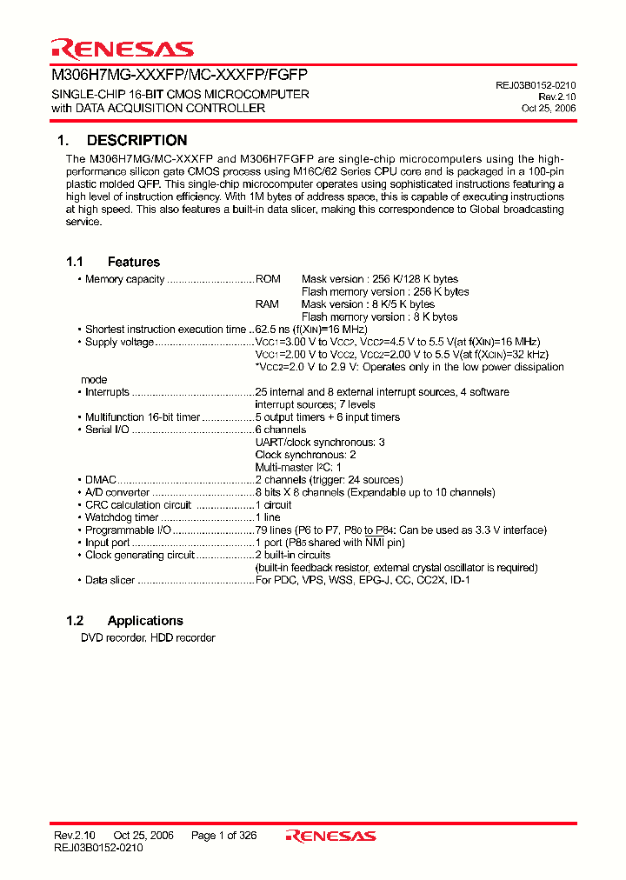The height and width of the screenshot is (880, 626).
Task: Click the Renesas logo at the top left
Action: coord(121,49)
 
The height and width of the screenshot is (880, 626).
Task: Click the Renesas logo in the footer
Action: coord(331,836)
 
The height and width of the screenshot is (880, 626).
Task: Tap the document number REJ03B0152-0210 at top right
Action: coord(536,85)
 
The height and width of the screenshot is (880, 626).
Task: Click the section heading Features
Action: coord(134,262)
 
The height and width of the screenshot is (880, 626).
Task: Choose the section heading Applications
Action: coord(145,621)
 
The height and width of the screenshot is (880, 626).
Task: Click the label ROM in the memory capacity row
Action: coord(268,279)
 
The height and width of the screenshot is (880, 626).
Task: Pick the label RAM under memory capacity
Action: coord(267,304)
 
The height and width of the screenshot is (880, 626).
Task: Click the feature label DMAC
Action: coord(101,480)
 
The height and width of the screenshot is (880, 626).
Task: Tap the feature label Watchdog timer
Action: coord(122,517)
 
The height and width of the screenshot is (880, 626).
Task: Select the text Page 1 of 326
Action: coord(223,836)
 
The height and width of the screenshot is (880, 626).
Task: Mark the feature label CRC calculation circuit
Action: coord(137,505)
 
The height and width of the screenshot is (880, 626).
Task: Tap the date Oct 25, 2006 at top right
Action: coord(548,109)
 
